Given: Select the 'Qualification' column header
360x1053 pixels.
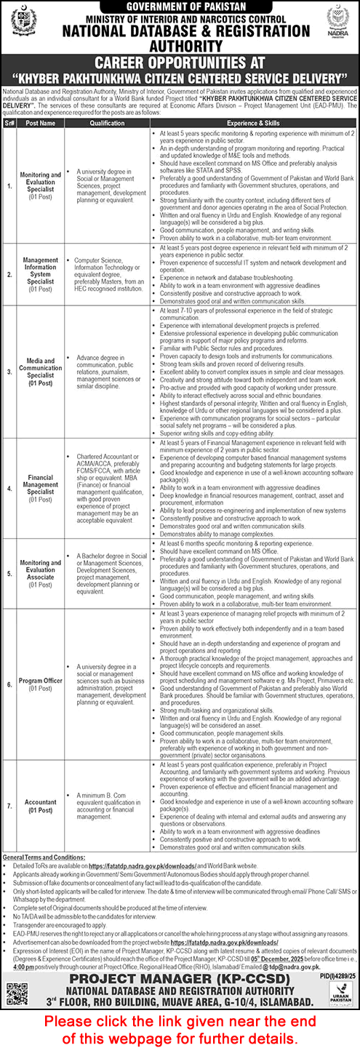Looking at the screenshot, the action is tap(108, 124).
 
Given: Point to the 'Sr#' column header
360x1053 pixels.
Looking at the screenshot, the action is tap(9, 124).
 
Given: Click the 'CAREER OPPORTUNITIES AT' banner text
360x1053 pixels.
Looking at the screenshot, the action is tap(180, 63).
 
